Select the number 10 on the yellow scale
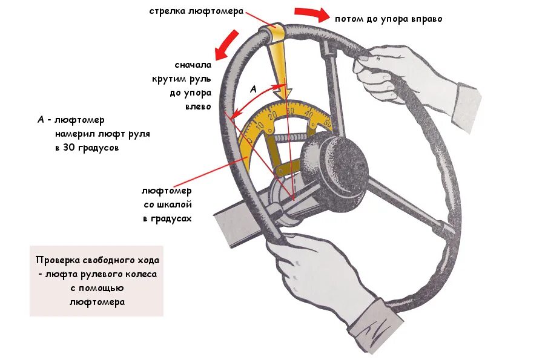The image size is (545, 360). coord(260,125)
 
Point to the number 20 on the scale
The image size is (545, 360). coord(273,115)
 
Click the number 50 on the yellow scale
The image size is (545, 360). coord(328,123)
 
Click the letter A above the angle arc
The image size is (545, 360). coord(254,89)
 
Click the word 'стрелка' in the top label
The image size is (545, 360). coord(169,11)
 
